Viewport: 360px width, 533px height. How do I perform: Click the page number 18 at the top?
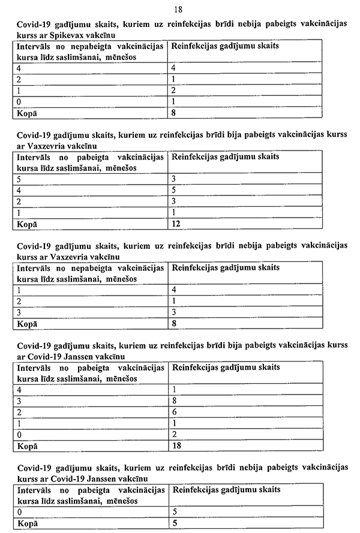(x=178, y=10)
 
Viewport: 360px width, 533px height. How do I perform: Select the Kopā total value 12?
(x=176, y=224)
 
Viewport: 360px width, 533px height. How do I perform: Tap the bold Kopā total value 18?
(x=176, y=446)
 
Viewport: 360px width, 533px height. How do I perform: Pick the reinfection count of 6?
(x=174, y=413)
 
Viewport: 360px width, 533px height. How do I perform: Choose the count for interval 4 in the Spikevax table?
(x=174, y=68)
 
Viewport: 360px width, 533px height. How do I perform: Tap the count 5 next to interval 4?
(x=174, y=190)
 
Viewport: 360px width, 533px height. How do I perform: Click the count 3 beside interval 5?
(x=174, y=179)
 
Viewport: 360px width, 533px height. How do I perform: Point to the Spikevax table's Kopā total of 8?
(x=174, y=112)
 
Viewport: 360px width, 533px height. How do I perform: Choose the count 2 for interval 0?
(x=174, y=435)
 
